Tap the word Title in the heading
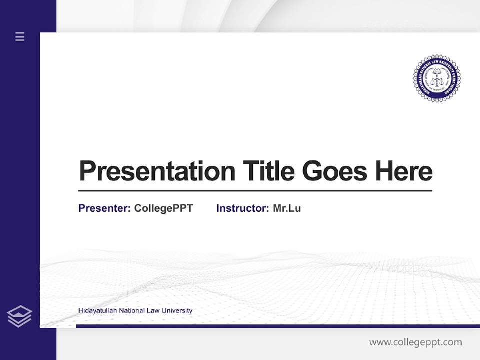tap(269, 171)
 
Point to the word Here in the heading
tap(403, 171)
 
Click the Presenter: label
tap(104, 208)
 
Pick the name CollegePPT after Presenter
tap(163, 208)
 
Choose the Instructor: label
tap(242, 208)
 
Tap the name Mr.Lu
tap(287, 208)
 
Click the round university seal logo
tap(437, 78)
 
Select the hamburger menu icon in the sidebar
tap(20, 36)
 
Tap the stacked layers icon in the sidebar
tap(19, 316)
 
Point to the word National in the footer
tap(131, 311)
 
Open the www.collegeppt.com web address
tap(415, 342)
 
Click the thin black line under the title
tap(255, 190)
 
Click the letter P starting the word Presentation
tap(86, 171)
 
